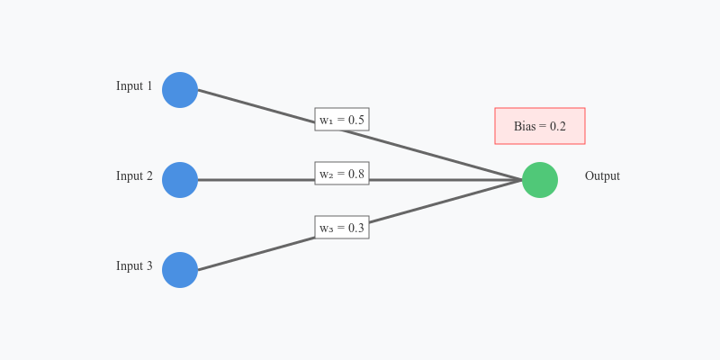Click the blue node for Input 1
point(180,90)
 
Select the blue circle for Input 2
point(180,180)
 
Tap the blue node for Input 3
point(180,270)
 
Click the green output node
point(540,180)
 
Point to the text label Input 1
point(134,86)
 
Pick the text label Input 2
point(134,176)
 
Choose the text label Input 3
point(134,266)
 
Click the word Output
point(602,176)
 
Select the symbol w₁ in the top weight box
point(326,121)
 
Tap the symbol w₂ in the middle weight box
point(326,175)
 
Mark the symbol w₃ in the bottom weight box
point(326,229)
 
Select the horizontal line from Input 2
point(256,180)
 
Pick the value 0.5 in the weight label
point(356,120)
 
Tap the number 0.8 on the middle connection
point(356,174)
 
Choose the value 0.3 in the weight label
point(356,228)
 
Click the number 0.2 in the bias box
point(558,127)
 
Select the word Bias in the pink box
point(525,127)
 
